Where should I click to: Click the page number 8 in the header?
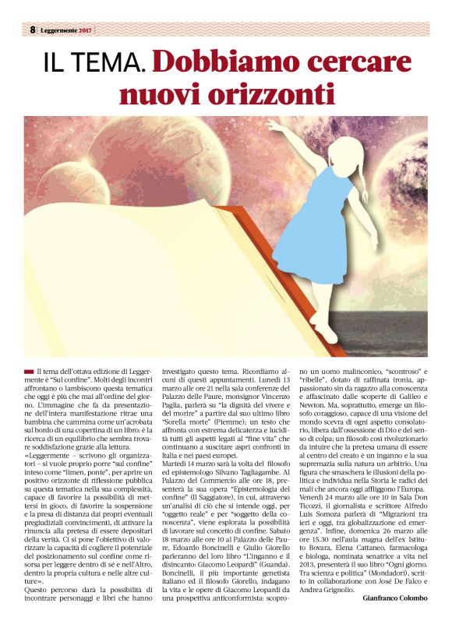click(x=34, y=29)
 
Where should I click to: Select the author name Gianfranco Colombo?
click(x=395, y=598)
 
